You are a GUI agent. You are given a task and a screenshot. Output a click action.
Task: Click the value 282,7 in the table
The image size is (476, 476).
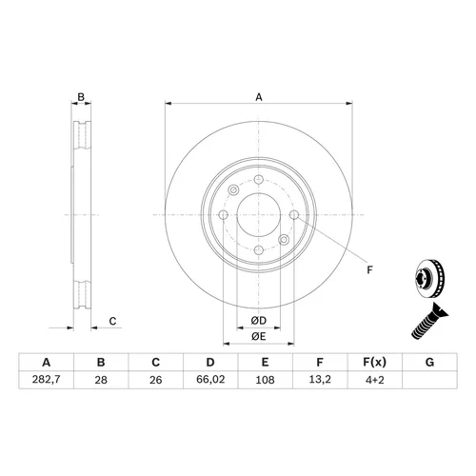(x=46, y=380)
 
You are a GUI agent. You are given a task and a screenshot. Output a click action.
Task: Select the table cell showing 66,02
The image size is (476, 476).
(x=210, y=380)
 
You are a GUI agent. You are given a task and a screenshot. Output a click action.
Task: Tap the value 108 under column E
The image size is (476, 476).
(x=265, y=380)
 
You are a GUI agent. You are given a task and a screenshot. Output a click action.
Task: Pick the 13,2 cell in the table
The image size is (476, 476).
(x=320, y=380)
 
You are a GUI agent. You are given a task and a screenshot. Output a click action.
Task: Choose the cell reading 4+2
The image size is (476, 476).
(x=375, y=380)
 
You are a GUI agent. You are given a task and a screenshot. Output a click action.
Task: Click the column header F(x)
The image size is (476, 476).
(x=375, y=362)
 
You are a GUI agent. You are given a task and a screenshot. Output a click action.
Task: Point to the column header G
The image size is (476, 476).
(x=429, y=362)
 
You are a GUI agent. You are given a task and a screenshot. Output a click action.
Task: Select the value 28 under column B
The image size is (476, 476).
(x=101, y=380)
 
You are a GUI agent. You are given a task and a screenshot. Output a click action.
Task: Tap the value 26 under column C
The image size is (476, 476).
(x=156, y=380)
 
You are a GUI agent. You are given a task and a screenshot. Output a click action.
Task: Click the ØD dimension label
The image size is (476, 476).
(x=259, y=321)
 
